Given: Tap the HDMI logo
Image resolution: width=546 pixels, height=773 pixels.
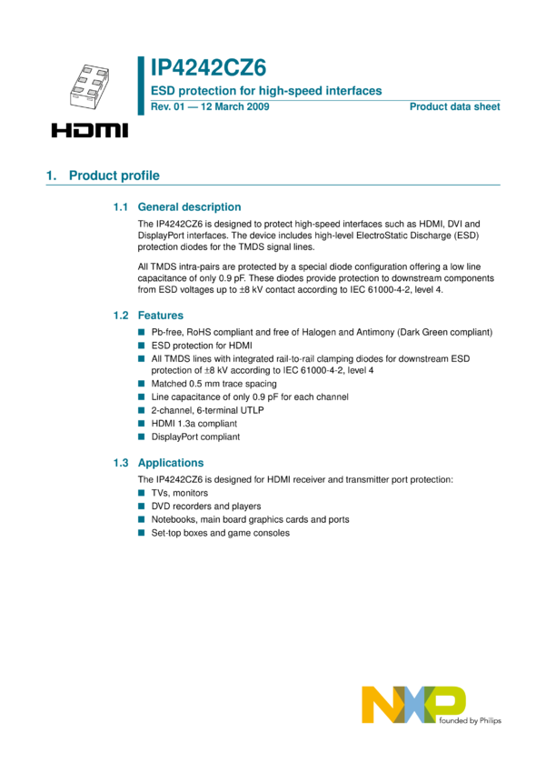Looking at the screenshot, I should tap(89, 131).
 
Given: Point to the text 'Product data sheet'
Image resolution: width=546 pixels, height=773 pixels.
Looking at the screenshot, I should tap(454, 107).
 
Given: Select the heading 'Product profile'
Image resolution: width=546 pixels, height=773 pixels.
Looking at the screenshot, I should tap(114, 176).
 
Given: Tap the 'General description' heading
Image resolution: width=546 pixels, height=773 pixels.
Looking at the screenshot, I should tap(189, 207).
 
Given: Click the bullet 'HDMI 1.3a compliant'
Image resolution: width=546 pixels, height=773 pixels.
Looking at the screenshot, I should tap(194, 424).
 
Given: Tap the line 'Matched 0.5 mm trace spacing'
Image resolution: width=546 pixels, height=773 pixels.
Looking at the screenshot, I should tap(214, 384).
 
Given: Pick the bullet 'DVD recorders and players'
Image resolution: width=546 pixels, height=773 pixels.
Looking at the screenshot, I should tap(206, 506).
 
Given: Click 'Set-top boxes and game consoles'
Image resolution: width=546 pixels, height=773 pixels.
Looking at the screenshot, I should tap(220, 533).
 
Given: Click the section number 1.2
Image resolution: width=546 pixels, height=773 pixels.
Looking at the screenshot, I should tap(122, 315).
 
